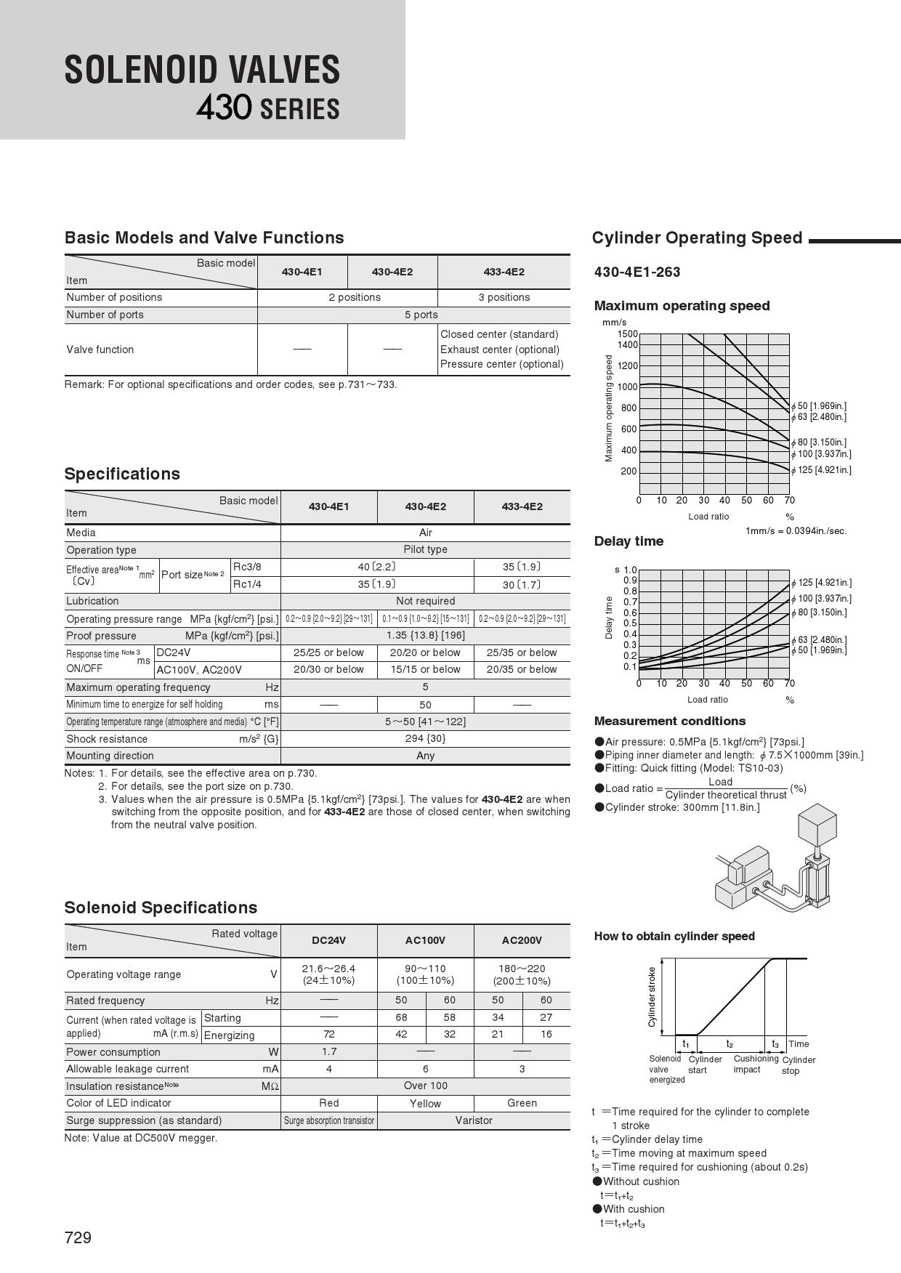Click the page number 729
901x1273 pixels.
tap(78, 1237)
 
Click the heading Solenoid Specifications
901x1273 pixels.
tap(161, 908)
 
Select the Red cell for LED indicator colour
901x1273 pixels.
tap(328, 1103)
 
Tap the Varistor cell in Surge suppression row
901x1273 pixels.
tap(474, 1120)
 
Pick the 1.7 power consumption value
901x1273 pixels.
tap(328, 1051)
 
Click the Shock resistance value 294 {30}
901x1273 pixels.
tap(425, 738)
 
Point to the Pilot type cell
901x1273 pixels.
tap(425, 549)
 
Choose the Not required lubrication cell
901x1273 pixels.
tap(425, 601)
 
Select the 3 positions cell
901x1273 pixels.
tap(504, 297)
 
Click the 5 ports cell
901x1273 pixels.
tap(421, 315)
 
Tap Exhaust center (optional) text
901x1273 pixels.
tap(500, 349)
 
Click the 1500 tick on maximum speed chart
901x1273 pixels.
tap(628, 334)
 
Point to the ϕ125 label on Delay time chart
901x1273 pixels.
tap(821, 583)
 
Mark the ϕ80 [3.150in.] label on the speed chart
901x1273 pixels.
tap(819, 442)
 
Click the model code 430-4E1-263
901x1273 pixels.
tap(637, 272)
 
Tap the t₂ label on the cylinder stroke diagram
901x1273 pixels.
tap(730, 1043)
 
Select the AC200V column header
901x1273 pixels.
tap(522, 940)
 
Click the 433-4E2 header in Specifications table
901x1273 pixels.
tap(522, 506)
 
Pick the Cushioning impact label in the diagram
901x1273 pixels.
tap(756, 1064)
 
